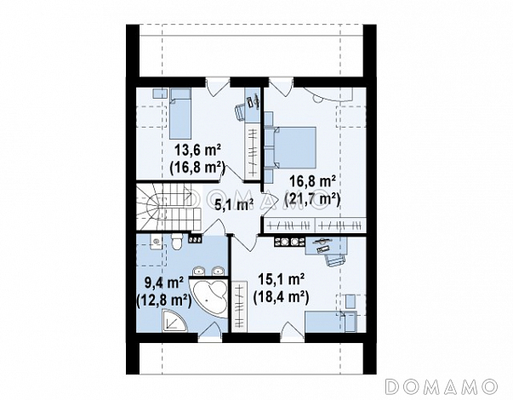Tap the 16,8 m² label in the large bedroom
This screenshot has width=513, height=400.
point(312,182)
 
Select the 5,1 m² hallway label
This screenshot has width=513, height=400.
point(234,205)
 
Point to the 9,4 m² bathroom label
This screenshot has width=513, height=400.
point(163,283)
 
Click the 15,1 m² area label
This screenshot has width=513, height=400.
point(282,279)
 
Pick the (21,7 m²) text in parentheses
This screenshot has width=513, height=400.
point(312,199)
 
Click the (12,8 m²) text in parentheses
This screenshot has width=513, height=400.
point(163,300)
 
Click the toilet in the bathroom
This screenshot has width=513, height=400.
point(177,242)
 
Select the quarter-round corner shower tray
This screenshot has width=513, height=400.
point(174,321)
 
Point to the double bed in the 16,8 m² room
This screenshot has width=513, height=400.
point(295,147)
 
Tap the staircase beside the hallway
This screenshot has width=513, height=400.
point(168,207)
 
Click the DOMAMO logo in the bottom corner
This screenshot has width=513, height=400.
point(442,386)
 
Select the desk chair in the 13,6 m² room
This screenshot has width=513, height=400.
point(240,111)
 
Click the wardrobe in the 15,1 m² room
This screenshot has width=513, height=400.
point(240,306)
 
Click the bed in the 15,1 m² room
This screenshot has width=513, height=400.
point(330,322)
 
